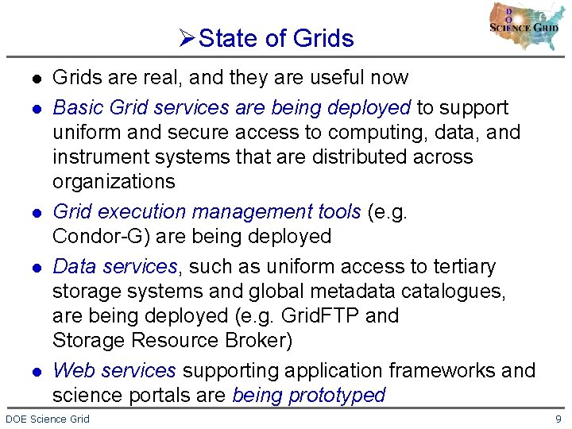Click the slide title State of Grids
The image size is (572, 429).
click(x=276, y=38)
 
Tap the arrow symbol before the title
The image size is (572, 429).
click(x=187, y=38)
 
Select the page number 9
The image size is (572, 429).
click(x=559, y=419)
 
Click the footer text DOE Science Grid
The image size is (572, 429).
click(x=48, y=419)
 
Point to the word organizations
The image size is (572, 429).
click(x=113, y=182)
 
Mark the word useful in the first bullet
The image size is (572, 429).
click(x=334, y=78)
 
